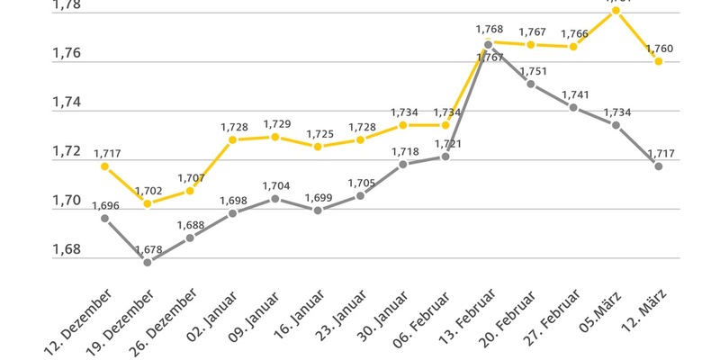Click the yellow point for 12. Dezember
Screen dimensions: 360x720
[x=104, y=166]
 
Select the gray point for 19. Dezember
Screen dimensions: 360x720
[x=148, y=262]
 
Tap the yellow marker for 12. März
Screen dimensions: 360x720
[x=659, y=61]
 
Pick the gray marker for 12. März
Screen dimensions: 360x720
[x=659, y=166]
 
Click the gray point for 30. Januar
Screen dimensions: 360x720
[x=402, y=164]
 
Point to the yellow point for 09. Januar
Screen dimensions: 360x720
[x=275, y=137]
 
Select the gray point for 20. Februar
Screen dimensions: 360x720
[x=531, y=84]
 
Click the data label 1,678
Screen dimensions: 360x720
[x=148, y=248]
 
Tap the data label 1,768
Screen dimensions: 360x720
[x=489, y=30]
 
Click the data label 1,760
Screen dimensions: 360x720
[x=659, y=48]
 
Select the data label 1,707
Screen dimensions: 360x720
[x=190, y=177]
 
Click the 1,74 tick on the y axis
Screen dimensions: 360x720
[x=67, y=103]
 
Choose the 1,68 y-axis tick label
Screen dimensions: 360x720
[x=67, y=249]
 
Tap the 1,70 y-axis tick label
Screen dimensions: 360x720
[x=67, y=201]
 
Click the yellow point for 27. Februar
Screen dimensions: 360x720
[x=573, y=46]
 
